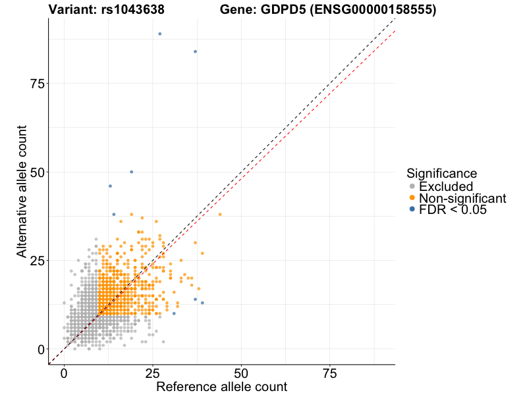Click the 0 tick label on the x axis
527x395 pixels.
coord(64,373)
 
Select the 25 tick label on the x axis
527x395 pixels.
coord(153,373)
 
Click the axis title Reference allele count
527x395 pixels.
coord(221,386)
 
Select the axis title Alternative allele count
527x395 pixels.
coord(22,192)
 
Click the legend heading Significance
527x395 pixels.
coord(441,174)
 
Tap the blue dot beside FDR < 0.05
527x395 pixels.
coord(412,209)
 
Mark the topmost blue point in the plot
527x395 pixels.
coord(159,34)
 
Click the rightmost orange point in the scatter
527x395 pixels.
coord(220,215)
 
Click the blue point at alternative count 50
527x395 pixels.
coord(132,172)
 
